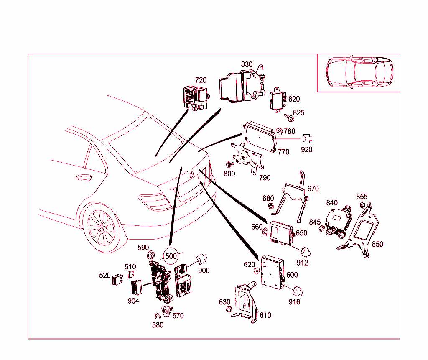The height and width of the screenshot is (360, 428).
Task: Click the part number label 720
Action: click(x=201, y=80)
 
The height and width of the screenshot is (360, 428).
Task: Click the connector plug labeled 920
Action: click(x=308, y=139)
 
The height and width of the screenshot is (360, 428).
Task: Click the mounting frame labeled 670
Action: click(x=297, y=197)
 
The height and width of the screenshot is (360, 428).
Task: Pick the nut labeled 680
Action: click(x=270, y=206)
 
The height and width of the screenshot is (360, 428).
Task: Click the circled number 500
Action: click(x=171, y=255)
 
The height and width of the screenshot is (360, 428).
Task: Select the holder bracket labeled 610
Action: click(x=247, y=303)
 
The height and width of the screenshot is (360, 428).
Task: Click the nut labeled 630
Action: click(x=229, y=310)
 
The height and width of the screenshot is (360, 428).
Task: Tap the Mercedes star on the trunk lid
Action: click(x=191, y=176)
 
